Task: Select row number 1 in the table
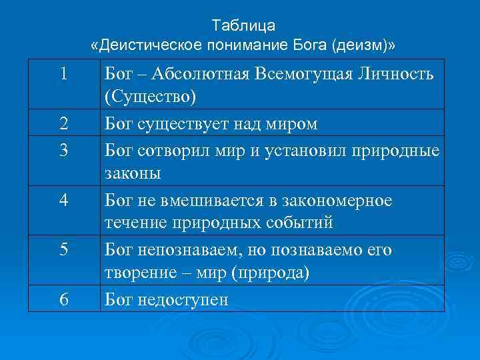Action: pyautogui.click(x=63, y=73)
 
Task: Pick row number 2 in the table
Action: pyautogui.click(x=63, y=123)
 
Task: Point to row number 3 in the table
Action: pyautogui.click(x=63, y=150)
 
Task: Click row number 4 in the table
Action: pyautogui.click(x=63, y=199)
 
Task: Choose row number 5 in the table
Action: pyautogui.click(x=63, y=249)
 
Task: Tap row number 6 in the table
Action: pyautogui.click(x=63, y=299)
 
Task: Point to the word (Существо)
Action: pyautogui.click(x=151, y=97)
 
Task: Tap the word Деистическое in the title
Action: pyautogui.click(x=152, y=45)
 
